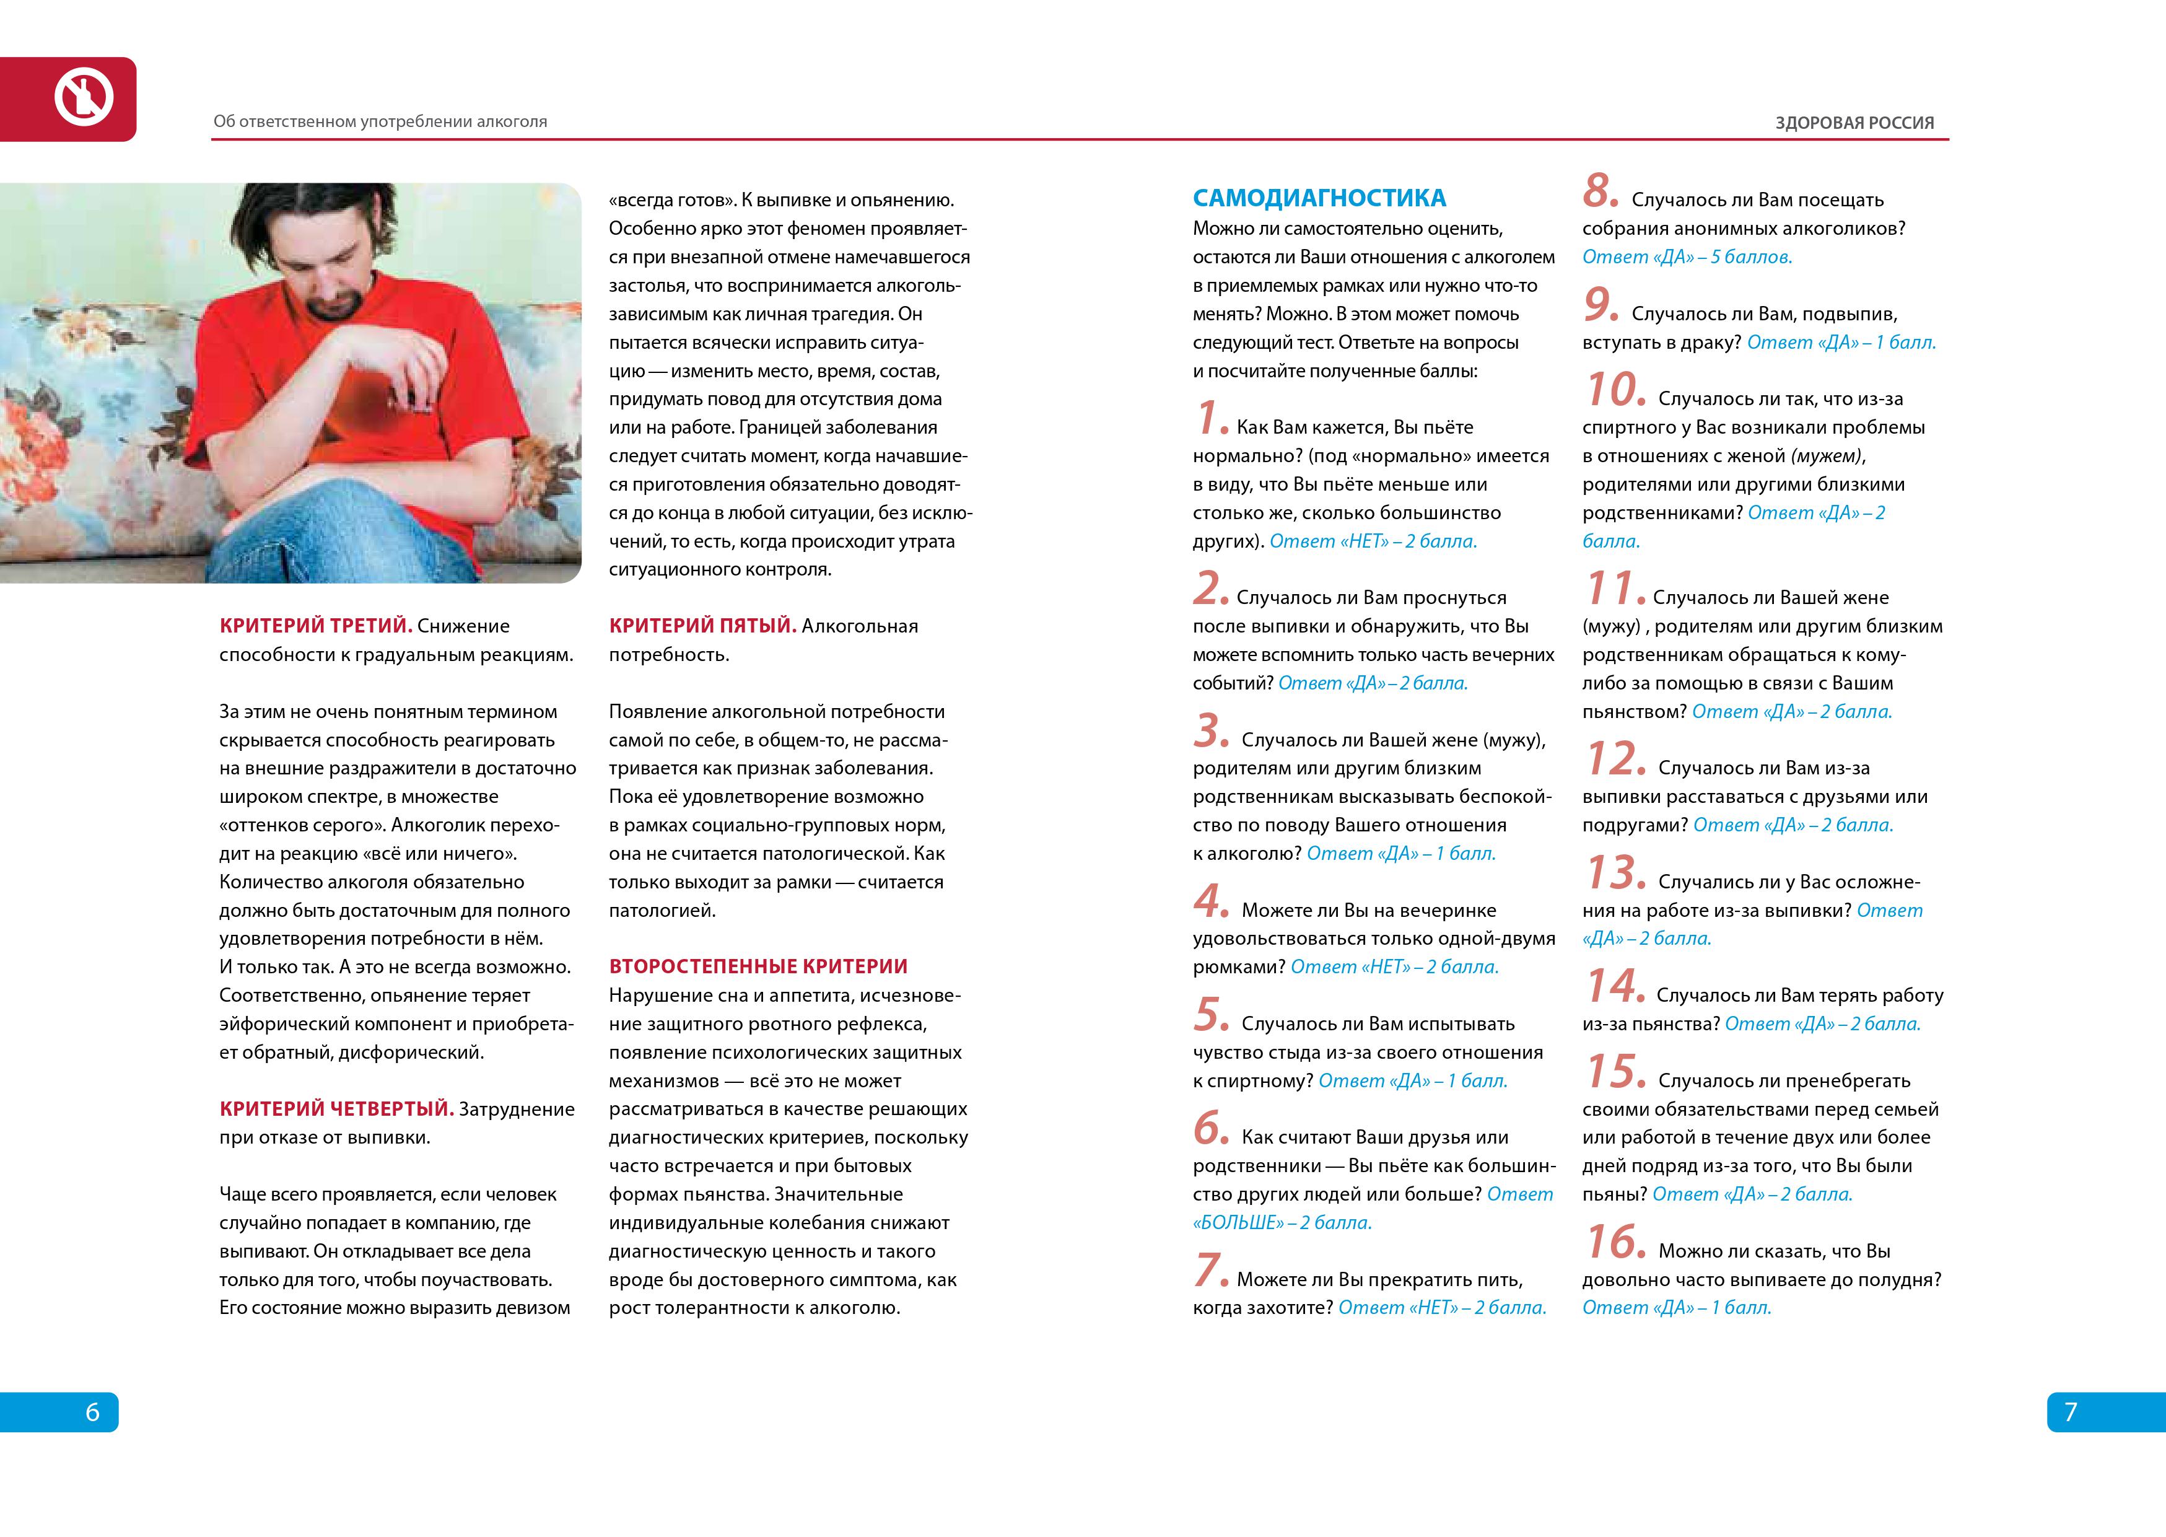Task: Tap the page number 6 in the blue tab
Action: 93,1412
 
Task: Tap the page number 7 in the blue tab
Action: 2071,1412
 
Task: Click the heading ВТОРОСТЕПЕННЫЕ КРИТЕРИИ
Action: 758,966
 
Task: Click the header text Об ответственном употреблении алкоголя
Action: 380,122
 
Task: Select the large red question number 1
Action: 1210,419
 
